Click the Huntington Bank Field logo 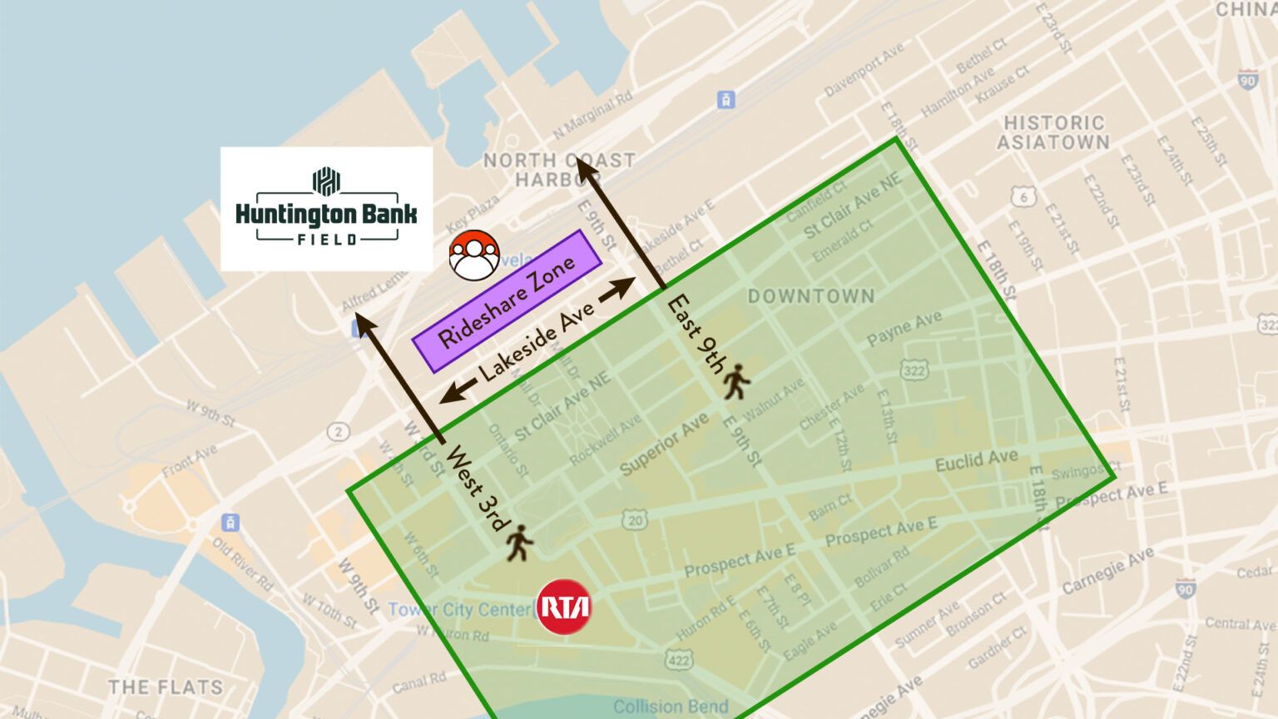[326, 208]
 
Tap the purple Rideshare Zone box [507, 301]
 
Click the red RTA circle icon [564, 607]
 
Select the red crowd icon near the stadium [474, 254]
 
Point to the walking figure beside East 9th [736, 381]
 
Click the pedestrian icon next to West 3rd [520, 542]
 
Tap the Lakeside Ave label [537, 341]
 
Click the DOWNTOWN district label [811, 296]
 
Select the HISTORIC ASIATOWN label [1053, 132]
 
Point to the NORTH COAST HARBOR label [559, 169]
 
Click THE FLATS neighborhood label [166, 687]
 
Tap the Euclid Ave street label [976, 460]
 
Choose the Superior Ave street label [664, 444]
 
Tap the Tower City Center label [458, 609]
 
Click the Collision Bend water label [671, 707]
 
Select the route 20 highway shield [635, 521]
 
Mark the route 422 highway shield [679, 661]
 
